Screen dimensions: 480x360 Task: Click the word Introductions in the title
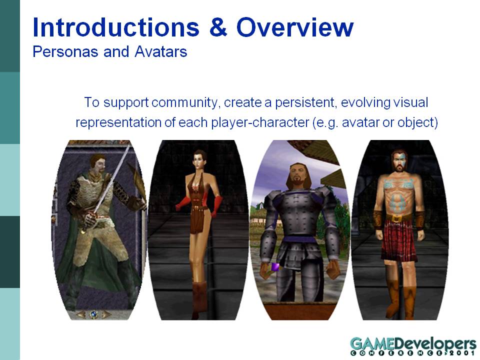click(x=116, y=27)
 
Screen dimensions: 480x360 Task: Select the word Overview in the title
click(x=295, y=27)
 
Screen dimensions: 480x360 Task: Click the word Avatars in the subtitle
click(x=160, y=51)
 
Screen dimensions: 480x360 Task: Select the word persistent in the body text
click(x=306, y=102)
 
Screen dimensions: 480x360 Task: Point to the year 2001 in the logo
click(x=462, y=353)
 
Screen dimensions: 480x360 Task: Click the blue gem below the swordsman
click(x=93, y=314)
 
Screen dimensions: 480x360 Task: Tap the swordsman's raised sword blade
click(x=111, y=180)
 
